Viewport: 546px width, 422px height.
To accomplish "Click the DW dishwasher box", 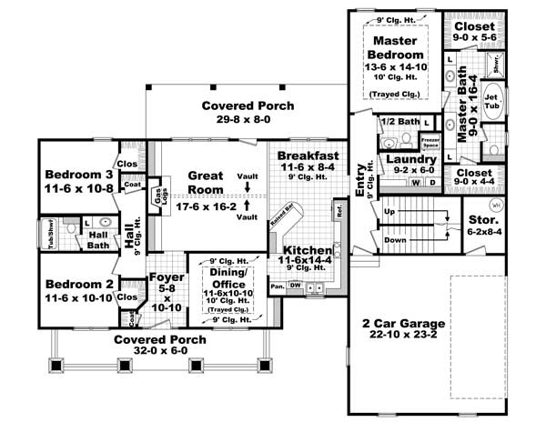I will coord(295,286).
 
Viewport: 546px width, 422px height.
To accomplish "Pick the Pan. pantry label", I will coord(277,286).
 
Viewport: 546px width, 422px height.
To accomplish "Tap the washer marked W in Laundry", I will coord(416,182).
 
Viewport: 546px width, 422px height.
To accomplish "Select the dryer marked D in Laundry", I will coord(431,182).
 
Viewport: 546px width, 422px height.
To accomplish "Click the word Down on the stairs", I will coord(395,240).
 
